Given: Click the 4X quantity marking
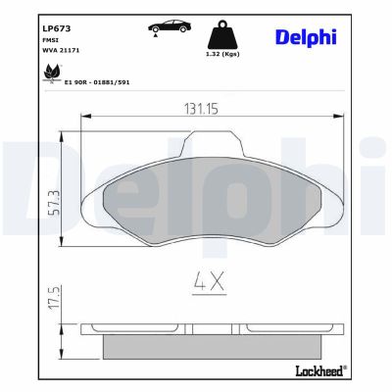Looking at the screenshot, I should (x=208, y=284).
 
